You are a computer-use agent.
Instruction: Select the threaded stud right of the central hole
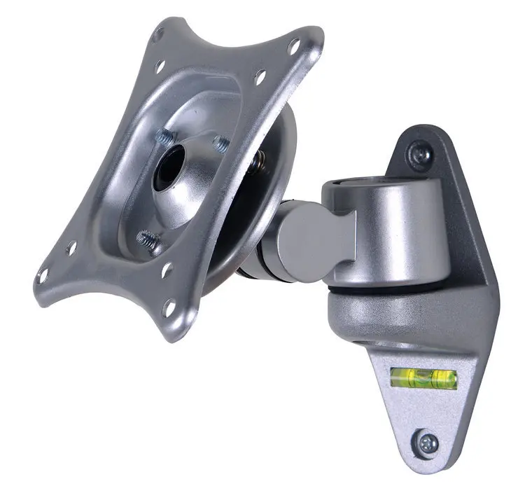[x=221, y=144]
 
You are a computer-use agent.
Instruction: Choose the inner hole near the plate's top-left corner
[x=160, y=67]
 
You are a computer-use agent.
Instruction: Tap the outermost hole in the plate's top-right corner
[x=293, y=47]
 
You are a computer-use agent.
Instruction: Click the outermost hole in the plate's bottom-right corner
[x=168, y=307]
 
